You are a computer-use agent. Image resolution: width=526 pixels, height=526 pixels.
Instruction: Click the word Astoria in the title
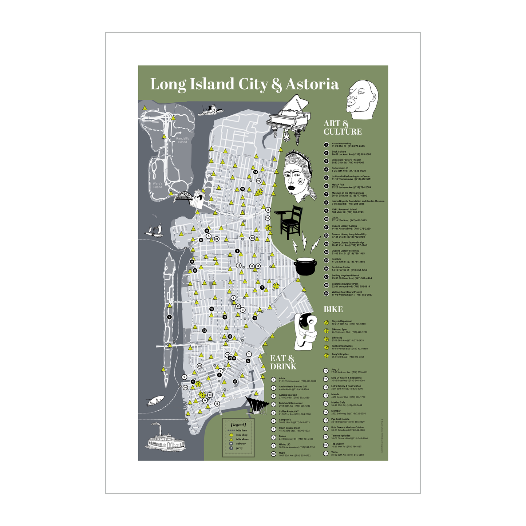312,84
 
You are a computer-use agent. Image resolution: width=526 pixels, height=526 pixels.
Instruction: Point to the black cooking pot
305,266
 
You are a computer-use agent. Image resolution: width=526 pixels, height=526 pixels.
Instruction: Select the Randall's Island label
182,140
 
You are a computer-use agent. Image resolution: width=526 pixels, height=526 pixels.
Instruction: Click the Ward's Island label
158,185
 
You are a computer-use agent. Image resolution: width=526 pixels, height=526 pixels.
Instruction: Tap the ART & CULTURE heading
342,128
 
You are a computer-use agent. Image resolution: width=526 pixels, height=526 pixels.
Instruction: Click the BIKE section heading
333,309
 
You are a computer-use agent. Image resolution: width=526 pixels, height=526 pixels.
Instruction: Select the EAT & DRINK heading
283,363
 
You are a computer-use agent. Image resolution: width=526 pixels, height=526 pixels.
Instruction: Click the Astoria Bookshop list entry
348,145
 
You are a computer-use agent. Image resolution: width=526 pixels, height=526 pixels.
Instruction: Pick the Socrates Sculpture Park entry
350,285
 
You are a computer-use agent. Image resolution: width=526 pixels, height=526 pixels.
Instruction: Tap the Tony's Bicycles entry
347,355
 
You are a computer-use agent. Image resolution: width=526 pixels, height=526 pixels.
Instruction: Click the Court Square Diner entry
294,429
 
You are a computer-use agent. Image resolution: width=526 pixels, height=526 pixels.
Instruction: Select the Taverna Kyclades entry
349,437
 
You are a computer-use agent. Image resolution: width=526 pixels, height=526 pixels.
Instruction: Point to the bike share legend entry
242,439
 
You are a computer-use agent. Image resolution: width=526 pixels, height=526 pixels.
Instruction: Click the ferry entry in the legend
239,448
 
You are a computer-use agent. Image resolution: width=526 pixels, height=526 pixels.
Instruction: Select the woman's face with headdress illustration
298,176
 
